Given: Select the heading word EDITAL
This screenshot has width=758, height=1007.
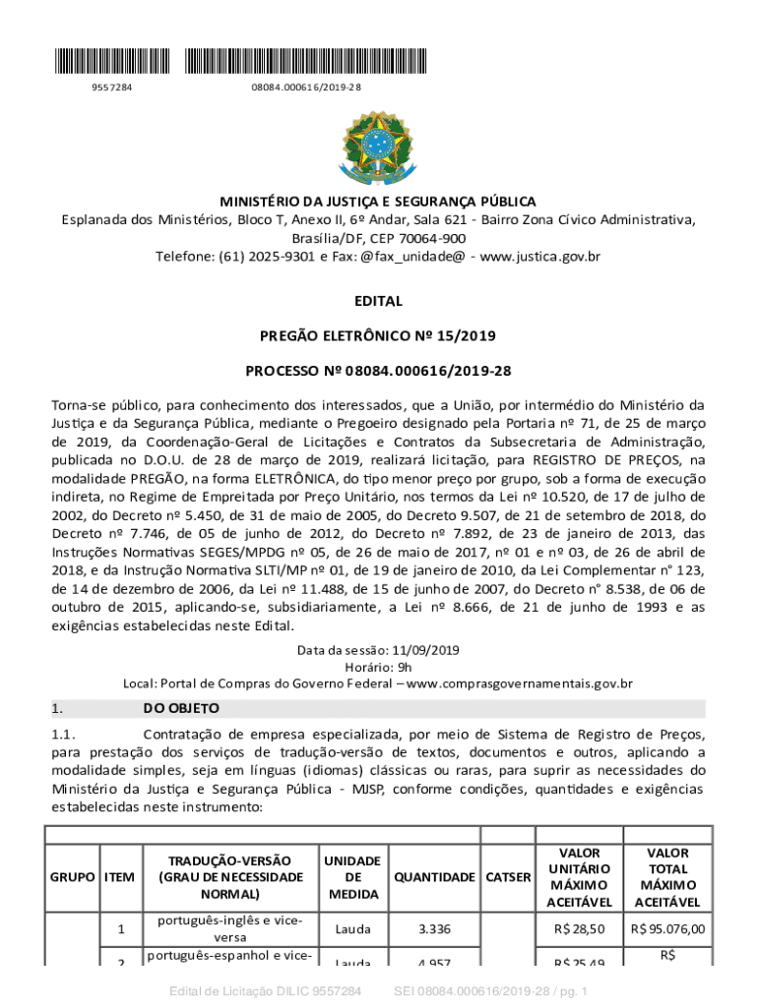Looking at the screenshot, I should (378, 302).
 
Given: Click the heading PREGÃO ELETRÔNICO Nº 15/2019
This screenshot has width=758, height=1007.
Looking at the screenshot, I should (378, 336).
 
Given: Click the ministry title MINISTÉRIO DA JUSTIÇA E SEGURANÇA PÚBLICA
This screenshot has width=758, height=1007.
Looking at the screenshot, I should (378, 201).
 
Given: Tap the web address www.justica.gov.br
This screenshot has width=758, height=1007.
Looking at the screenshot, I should (540, 257).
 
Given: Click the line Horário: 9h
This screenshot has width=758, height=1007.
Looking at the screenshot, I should (378, 667).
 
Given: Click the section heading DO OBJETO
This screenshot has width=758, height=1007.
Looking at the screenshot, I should (181, 708).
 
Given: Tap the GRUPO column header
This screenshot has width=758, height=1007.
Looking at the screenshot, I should (72, 877).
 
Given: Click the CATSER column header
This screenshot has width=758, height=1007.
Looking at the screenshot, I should (507, 877).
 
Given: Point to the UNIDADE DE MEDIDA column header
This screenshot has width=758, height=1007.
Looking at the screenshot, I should (353, 877).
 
